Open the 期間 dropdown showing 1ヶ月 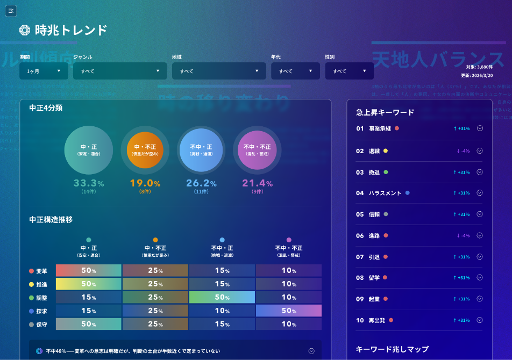coord(44,71)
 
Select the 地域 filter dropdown coord(219,71)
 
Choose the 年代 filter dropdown coord(295,71)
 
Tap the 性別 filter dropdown coord(349,71)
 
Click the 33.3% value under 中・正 coord(89,183)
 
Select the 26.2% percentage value coord(201,183)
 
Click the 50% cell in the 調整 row coord(222,297)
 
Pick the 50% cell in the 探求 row coord(289,311)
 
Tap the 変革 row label coord(41,271)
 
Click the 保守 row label coord(41,325)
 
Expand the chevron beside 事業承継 coord(480,128)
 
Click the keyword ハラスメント coord(385,193)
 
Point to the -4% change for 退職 coord(463,151)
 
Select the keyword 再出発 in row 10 coord(378,320)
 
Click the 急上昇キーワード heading coord(385,112)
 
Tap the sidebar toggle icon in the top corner coord(11,11)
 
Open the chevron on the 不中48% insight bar coord(311,351)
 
